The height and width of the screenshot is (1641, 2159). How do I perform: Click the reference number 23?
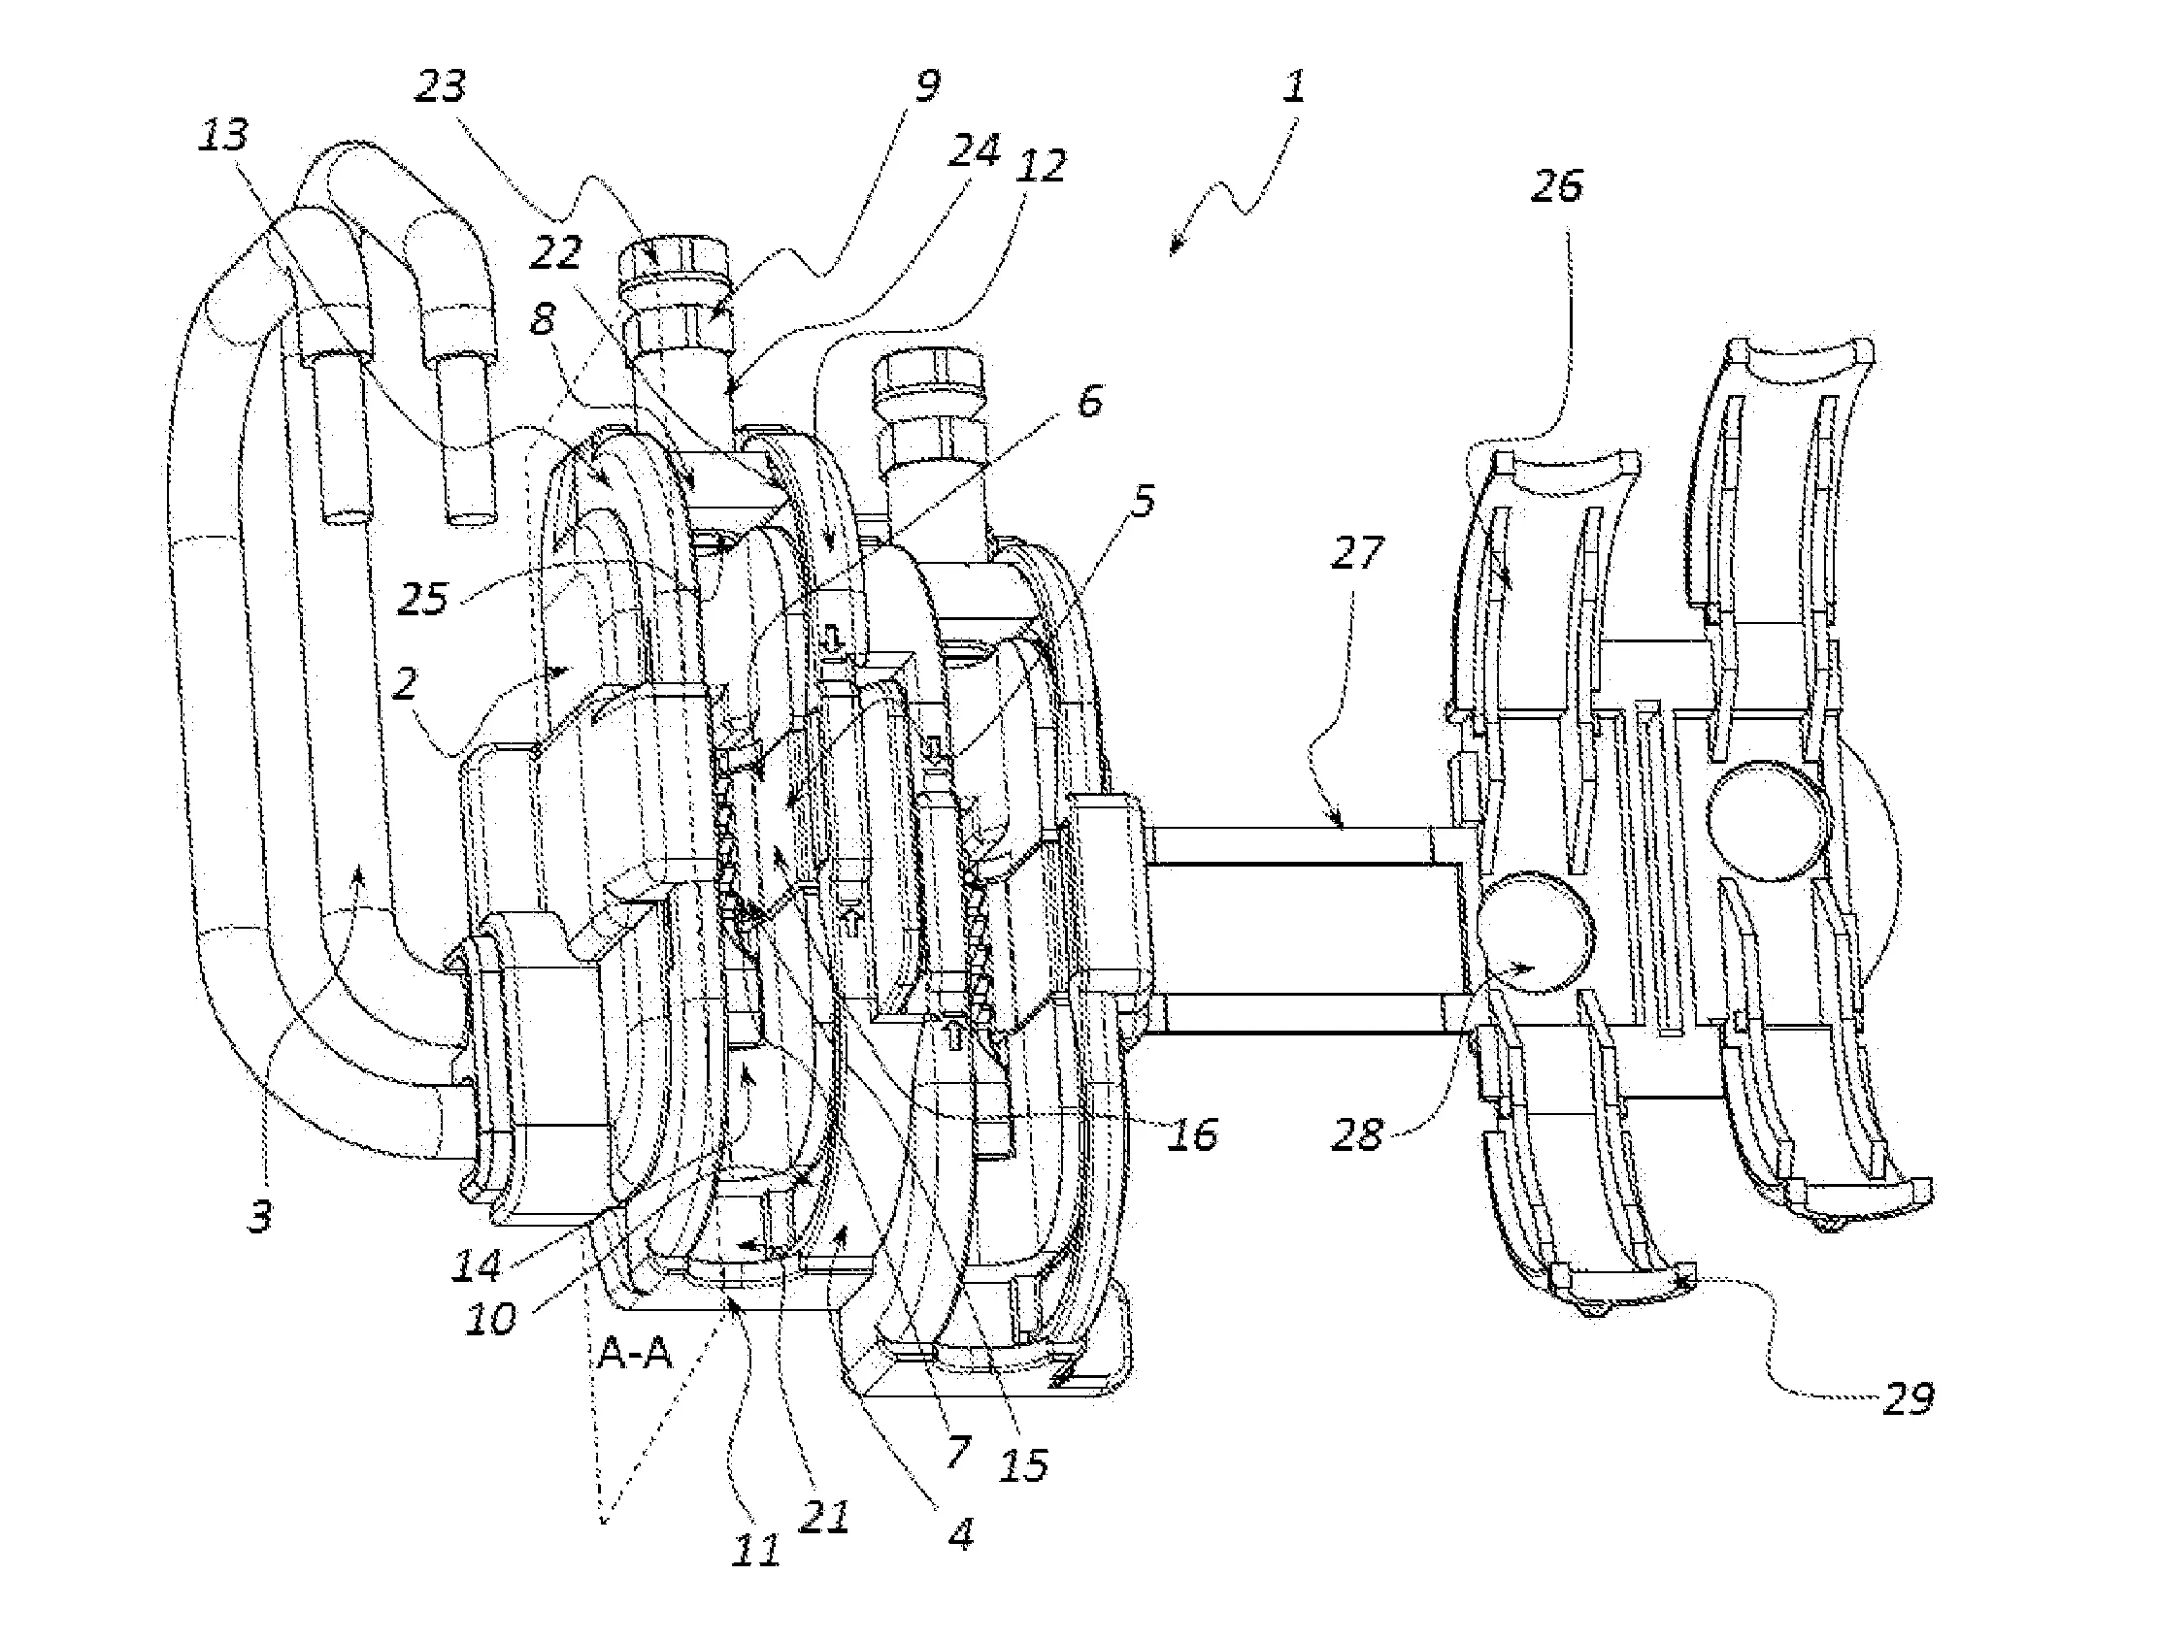click(x=442, y=87)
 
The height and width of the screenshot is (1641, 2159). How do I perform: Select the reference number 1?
click(x=1294, y=87)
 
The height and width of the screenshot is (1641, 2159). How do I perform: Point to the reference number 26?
click(x=1557, y=184)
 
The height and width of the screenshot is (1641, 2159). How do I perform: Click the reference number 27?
click(x=1358, y=552)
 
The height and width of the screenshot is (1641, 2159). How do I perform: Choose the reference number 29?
click(x=1908, y=1398)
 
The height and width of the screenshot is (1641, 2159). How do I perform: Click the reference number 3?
click(x=260, y=1216)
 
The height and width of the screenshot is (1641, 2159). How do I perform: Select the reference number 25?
click(x=423, y=598)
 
